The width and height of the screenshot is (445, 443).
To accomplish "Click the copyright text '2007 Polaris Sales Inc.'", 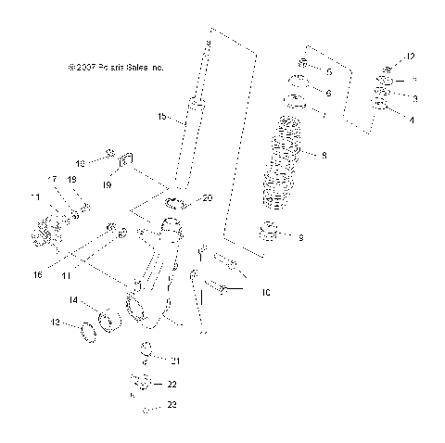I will pos(116,68).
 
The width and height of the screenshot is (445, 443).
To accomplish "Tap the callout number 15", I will pos(161,117).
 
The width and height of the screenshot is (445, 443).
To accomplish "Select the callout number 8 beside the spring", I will pos(324,157).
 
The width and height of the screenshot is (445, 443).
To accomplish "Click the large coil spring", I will pos(286,163).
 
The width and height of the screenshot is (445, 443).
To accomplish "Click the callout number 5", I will pos(327,70).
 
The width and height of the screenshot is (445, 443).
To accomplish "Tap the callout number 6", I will pos(327,94).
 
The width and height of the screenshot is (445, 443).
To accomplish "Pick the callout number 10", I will pos(265,293).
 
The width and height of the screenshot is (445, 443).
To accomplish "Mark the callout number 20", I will pos(207,197).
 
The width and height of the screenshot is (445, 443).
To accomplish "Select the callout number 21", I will pos(172,360).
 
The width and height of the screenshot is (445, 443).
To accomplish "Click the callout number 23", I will pos(172,405).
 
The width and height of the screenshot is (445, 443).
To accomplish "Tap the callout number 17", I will pos(52,178).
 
